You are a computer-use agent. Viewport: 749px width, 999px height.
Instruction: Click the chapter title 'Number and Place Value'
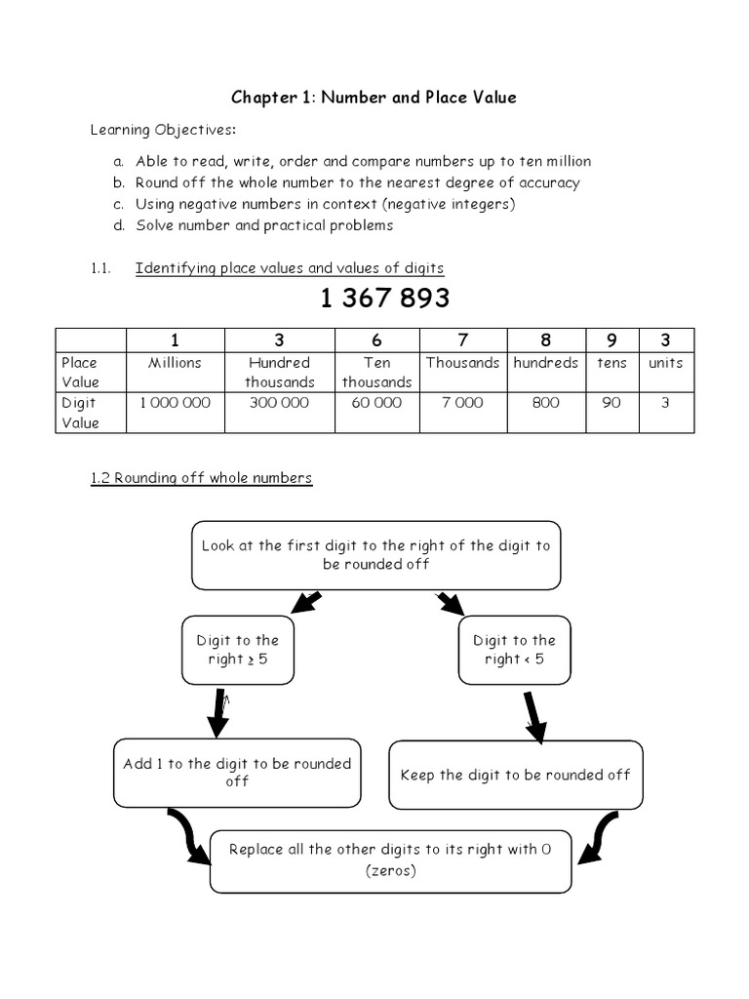point(374,97)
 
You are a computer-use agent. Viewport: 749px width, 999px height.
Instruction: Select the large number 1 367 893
point(384,299)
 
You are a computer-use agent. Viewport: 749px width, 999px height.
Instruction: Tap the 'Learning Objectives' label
point(163,130)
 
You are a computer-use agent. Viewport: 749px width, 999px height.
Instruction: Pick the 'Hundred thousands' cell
point(279,372)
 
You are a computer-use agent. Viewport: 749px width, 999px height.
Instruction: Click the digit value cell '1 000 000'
point(176,403)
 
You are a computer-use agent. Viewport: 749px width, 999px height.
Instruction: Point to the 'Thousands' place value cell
point(462,363)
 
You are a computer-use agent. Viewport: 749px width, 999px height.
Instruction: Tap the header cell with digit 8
point(545,340)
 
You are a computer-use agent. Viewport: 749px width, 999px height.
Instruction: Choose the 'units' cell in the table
point(665,363)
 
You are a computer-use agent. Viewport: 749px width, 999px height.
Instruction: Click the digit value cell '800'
point(545,403)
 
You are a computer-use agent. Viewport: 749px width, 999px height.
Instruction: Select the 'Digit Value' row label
point(80,412)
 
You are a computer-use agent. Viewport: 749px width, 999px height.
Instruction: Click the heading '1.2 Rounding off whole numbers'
point(201,478)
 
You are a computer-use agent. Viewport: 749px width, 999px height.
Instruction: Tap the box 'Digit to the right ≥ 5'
point(237,650)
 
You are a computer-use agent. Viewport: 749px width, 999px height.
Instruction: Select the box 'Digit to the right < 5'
point(514,650)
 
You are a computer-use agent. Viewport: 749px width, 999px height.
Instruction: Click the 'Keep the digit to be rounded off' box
point(515,775)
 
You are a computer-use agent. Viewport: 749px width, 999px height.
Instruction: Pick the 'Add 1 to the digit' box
point(237,772)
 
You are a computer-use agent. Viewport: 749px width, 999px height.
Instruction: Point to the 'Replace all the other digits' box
point(390,859)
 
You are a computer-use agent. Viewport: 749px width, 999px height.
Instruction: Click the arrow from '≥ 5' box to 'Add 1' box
point(217,712)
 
